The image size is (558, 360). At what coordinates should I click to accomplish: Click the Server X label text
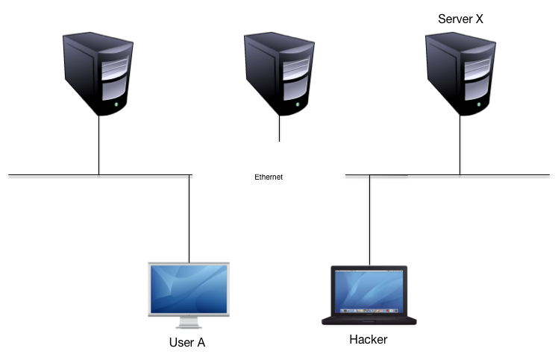(x=460, y=19)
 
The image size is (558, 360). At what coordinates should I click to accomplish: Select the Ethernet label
(x=269, y=177)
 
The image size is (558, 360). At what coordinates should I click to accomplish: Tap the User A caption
(x=187, y=342)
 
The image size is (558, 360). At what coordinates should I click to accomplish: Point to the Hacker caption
(x=369, y=339)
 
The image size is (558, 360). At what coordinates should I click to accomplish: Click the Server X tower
(x=460, y=74)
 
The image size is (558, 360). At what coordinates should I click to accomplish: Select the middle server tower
(x=279, y=74)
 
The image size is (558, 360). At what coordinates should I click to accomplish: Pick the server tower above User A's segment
(x=98, y=74)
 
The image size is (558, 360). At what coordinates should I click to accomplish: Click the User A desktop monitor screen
(x=189, y=289)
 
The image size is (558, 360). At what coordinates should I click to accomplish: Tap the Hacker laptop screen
(x=369, y=291)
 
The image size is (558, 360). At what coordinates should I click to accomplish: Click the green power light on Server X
(x=479, y=104)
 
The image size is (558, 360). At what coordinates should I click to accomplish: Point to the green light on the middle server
(x=298, y=104)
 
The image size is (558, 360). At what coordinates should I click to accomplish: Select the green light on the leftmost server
(x=116, y=104)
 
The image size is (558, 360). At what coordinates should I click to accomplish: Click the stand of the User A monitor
(x=189, y=322)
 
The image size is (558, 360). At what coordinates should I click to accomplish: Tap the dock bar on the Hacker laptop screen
(x=369, y=311)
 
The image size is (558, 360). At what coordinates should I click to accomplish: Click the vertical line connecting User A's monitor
(x=189, y=219)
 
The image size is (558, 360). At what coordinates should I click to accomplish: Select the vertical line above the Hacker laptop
(x=370, y=220)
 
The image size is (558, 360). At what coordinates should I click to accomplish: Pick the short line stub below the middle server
(x=279, y=128)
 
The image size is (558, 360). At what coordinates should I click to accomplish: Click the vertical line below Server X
(x=460, y=145)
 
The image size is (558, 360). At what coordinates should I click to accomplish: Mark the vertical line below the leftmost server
(x=98, y=145)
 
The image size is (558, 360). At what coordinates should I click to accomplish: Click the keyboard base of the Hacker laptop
(x=369, y=320)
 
